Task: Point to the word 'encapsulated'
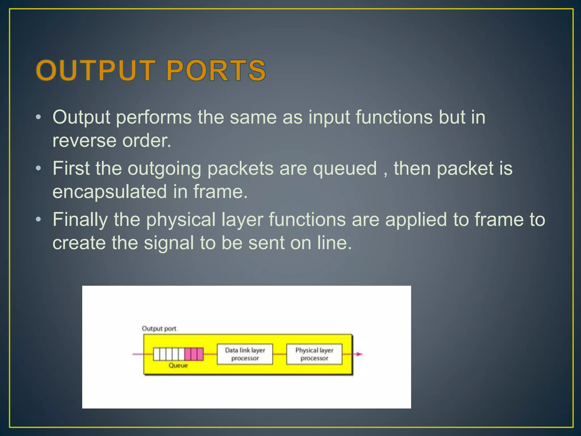coord(110,192)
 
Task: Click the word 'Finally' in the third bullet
coord(80,220)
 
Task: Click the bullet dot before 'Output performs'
coord(39,117)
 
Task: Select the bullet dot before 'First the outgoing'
coord(39,169)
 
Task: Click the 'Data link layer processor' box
coord(245,354)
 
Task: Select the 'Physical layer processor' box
coord(314,354)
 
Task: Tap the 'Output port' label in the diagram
coord(159,328)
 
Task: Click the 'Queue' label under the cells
coord(178,365)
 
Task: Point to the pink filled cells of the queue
coord(194,354)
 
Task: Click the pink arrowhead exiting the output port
coord(359,354)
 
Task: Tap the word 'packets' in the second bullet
coord(240,169)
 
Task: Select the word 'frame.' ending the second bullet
coord(221,192)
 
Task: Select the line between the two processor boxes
coord(279,354)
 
